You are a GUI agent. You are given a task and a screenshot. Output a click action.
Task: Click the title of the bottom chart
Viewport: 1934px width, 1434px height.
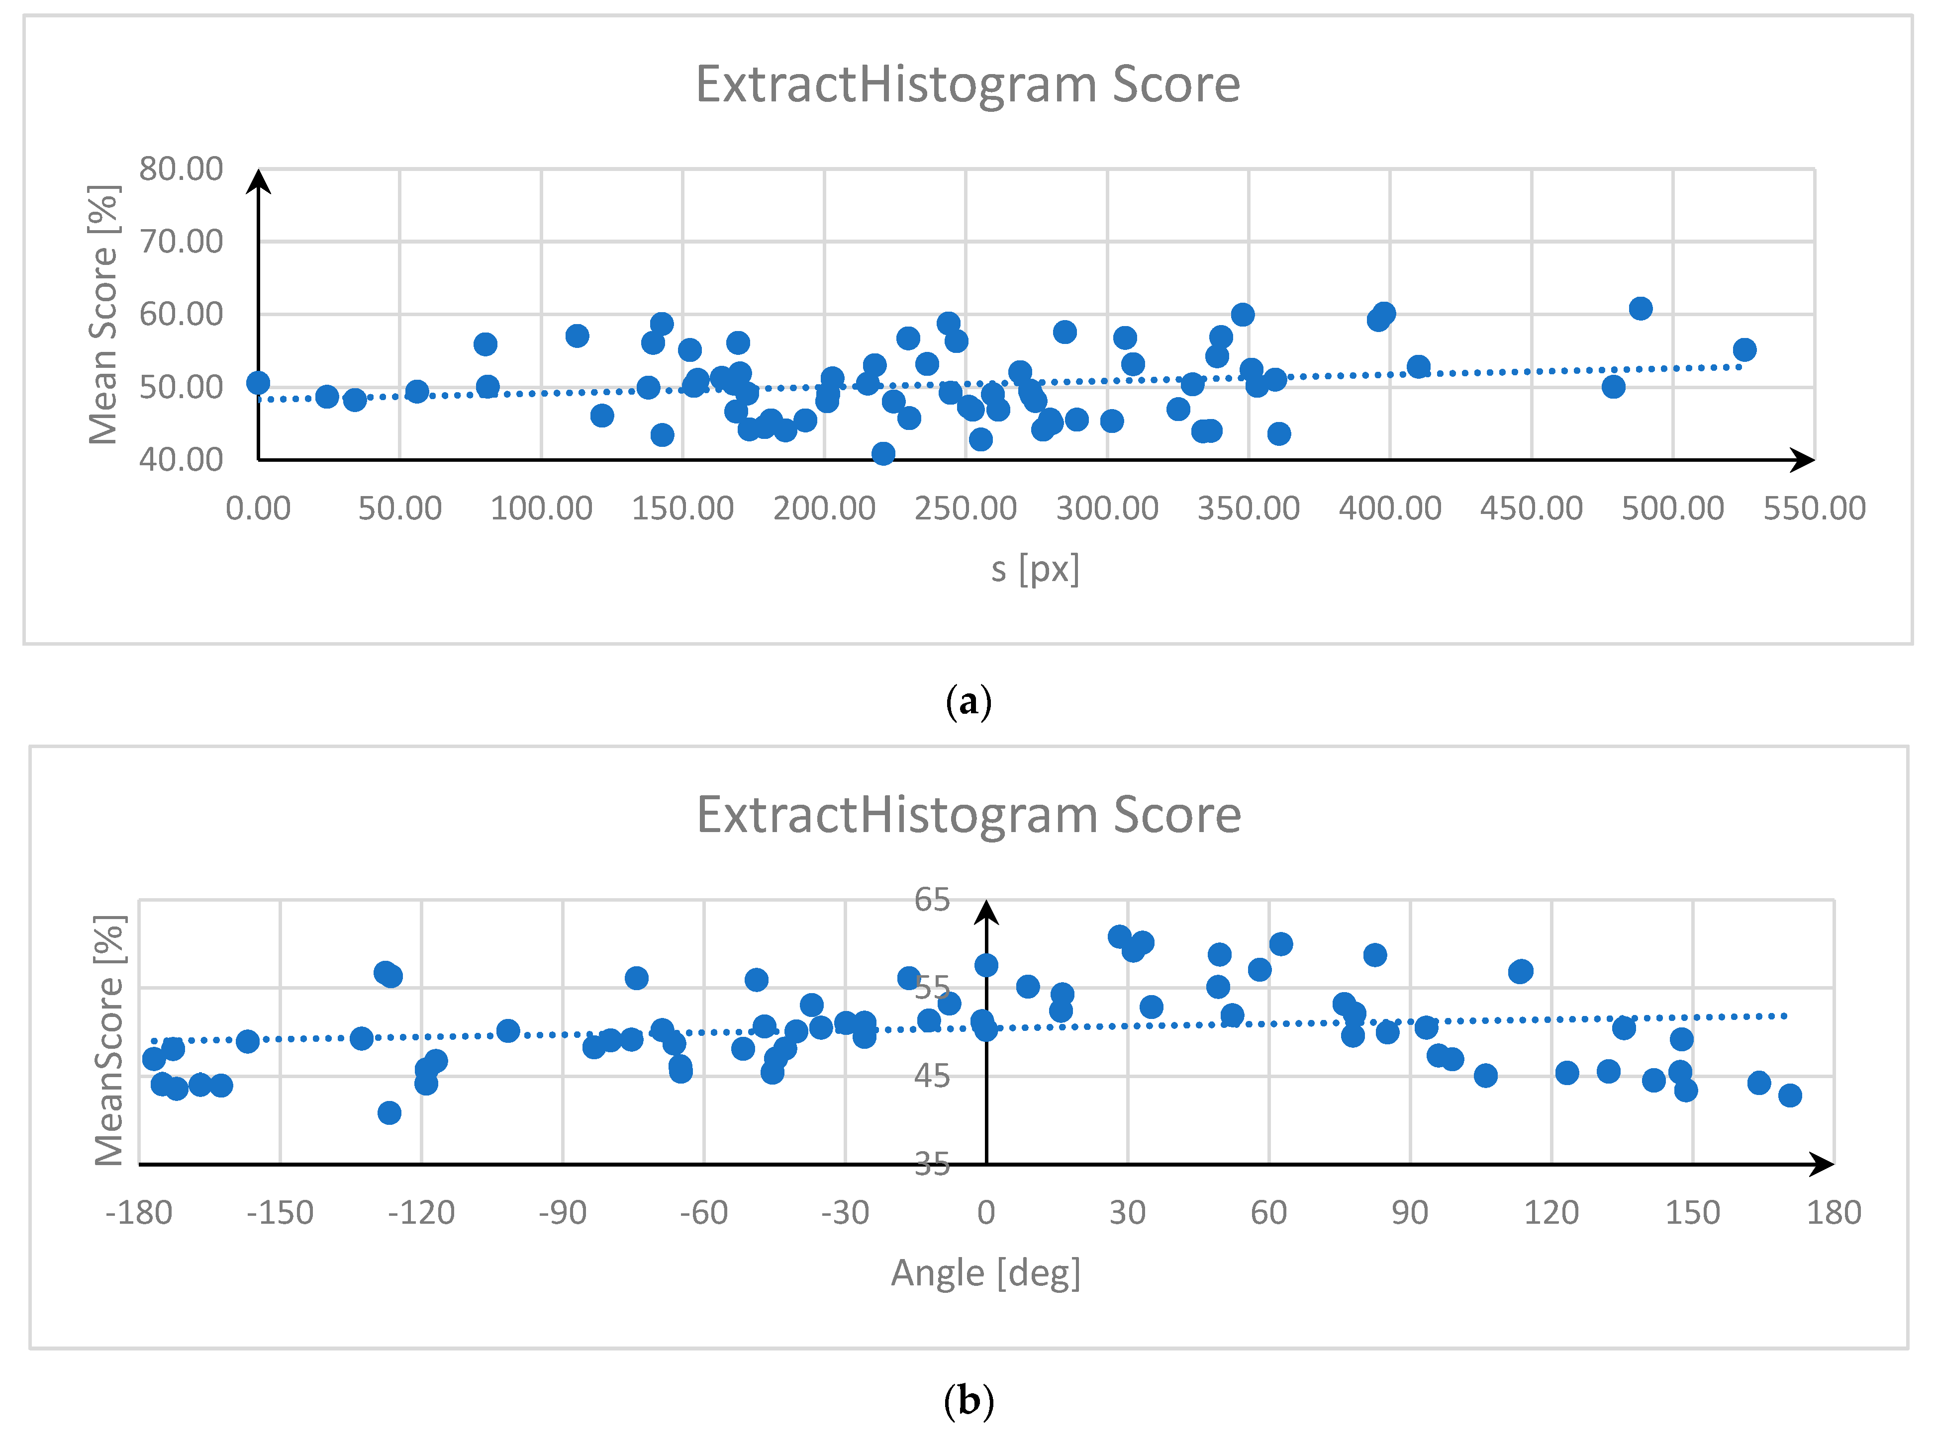[x=968, y=816]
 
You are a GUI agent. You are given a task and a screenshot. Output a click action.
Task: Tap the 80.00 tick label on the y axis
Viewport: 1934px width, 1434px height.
[x=181, y=169]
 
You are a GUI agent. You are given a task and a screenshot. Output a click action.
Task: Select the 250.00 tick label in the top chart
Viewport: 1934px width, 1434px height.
[x=965, y=508]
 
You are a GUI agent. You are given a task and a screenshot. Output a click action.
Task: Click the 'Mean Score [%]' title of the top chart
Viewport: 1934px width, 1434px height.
[x=104, y=314]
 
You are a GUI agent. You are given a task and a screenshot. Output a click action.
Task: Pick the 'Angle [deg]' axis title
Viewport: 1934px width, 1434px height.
[x=986, y=1273]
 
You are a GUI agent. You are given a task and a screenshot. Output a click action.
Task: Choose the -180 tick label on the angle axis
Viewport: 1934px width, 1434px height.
[x=138, y=1213]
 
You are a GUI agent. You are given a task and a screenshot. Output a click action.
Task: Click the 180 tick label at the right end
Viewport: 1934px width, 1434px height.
[x=1833, y=1213]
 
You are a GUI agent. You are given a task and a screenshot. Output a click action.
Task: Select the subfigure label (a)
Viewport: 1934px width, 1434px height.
[x=967, y=701]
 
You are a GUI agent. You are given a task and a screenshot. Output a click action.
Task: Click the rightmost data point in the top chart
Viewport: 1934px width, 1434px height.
[x=1744, y=350]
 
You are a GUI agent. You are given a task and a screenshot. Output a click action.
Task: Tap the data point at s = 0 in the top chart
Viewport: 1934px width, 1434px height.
[x=258, y=383]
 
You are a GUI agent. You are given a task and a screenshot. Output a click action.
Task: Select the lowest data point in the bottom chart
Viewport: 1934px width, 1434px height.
[x=389, y=1113]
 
